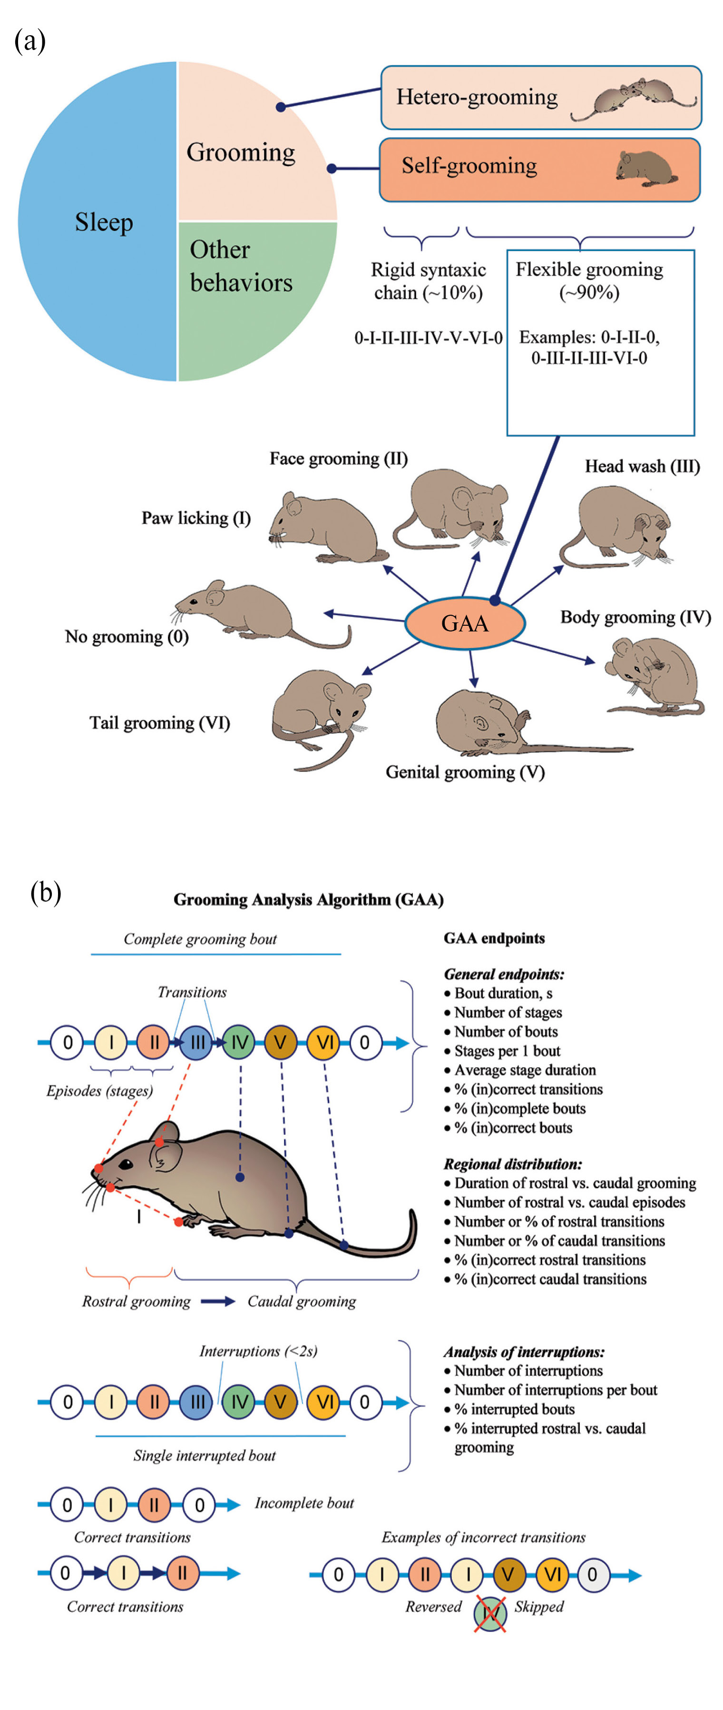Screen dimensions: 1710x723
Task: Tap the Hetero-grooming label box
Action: point(541,98)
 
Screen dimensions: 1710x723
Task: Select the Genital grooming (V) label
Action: point(465,772)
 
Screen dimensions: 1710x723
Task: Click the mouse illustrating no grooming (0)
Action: point(259,610)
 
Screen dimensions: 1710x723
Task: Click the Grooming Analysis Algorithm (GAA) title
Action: point(308,900)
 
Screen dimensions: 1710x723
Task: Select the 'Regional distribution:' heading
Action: point(513,1164)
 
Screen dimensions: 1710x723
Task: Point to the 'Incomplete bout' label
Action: point(304,1503)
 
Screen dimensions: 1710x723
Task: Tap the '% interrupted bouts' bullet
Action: point(514,1409)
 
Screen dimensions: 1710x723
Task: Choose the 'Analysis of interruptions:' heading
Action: point(524,1351)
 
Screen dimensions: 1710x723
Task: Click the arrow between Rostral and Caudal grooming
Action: point(218,1301)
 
